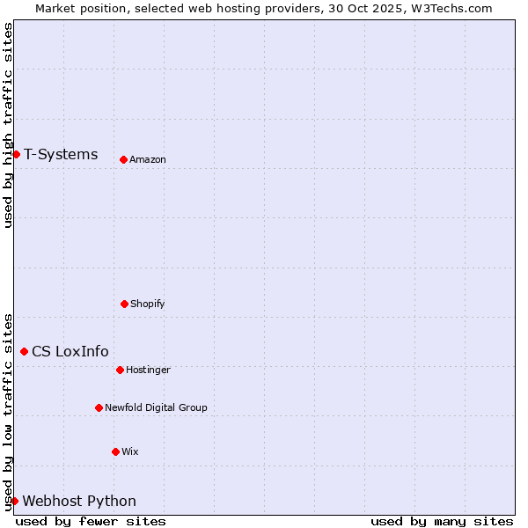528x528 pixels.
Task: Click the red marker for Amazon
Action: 123,159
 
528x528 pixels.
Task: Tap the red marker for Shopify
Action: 124,304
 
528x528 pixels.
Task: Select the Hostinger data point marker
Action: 120,370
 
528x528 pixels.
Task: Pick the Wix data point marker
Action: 115,451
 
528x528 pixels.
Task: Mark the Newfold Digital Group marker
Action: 99,407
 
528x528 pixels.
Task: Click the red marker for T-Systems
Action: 16,154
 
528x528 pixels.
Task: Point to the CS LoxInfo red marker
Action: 24,351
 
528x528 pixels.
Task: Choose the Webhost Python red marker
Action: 14,501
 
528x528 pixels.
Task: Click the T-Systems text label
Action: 61,155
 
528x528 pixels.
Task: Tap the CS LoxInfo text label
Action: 70,352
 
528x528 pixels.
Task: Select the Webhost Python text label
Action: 79,502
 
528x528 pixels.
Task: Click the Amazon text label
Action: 148,160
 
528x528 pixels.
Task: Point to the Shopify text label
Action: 148,304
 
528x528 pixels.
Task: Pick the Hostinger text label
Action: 148,370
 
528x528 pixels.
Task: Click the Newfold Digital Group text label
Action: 156,408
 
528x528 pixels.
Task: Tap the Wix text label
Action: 130,452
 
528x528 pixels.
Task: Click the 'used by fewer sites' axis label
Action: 91,521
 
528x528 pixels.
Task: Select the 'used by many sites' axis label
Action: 442,521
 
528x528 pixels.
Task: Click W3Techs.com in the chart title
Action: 450,8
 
